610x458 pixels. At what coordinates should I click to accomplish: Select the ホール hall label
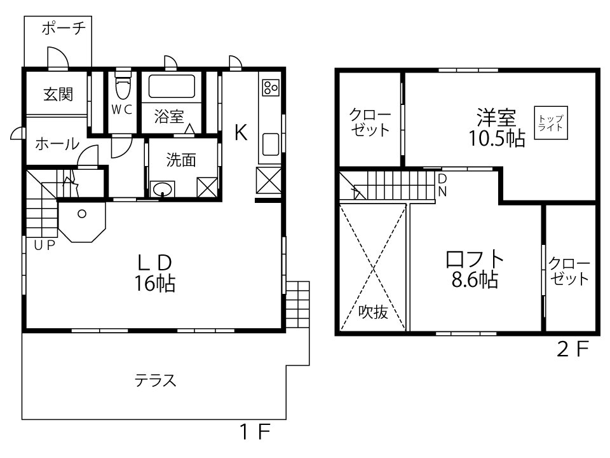pyautogui.click(x=57, y=144)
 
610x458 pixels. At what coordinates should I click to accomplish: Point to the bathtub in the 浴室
pyautogui.click(x=171, y=87)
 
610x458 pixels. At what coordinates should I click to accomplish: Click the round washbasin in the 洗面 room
pyautogui.click(x=164, y=189)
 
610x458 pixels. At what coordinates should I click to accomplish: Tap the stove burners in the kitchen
pyautogui.click(x=270, y=87)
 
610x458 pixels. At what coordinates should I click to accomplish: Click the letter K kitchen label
pyautogui.click(x=240, y=132)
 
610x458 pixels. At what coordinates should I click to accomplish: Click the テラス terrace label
pyautogui.click(x=154, y=380)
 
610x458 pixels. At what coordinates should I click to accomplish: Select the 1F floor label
pyautogui.click(x=255, y=433)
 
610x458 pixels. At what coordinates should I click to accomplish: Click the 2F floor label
pyautogui.click(x=574, y=349)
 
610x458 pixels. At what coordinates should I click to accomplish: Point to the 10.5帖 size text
pyautogui.click(x=497, y=138)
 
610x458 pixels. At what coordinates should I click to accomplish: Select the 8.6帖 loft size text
pyautogui.click(x=475, y=280)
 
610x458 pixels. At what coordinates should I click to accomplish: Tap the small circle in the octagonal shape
pyautogui.click(x=82, y=214)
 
